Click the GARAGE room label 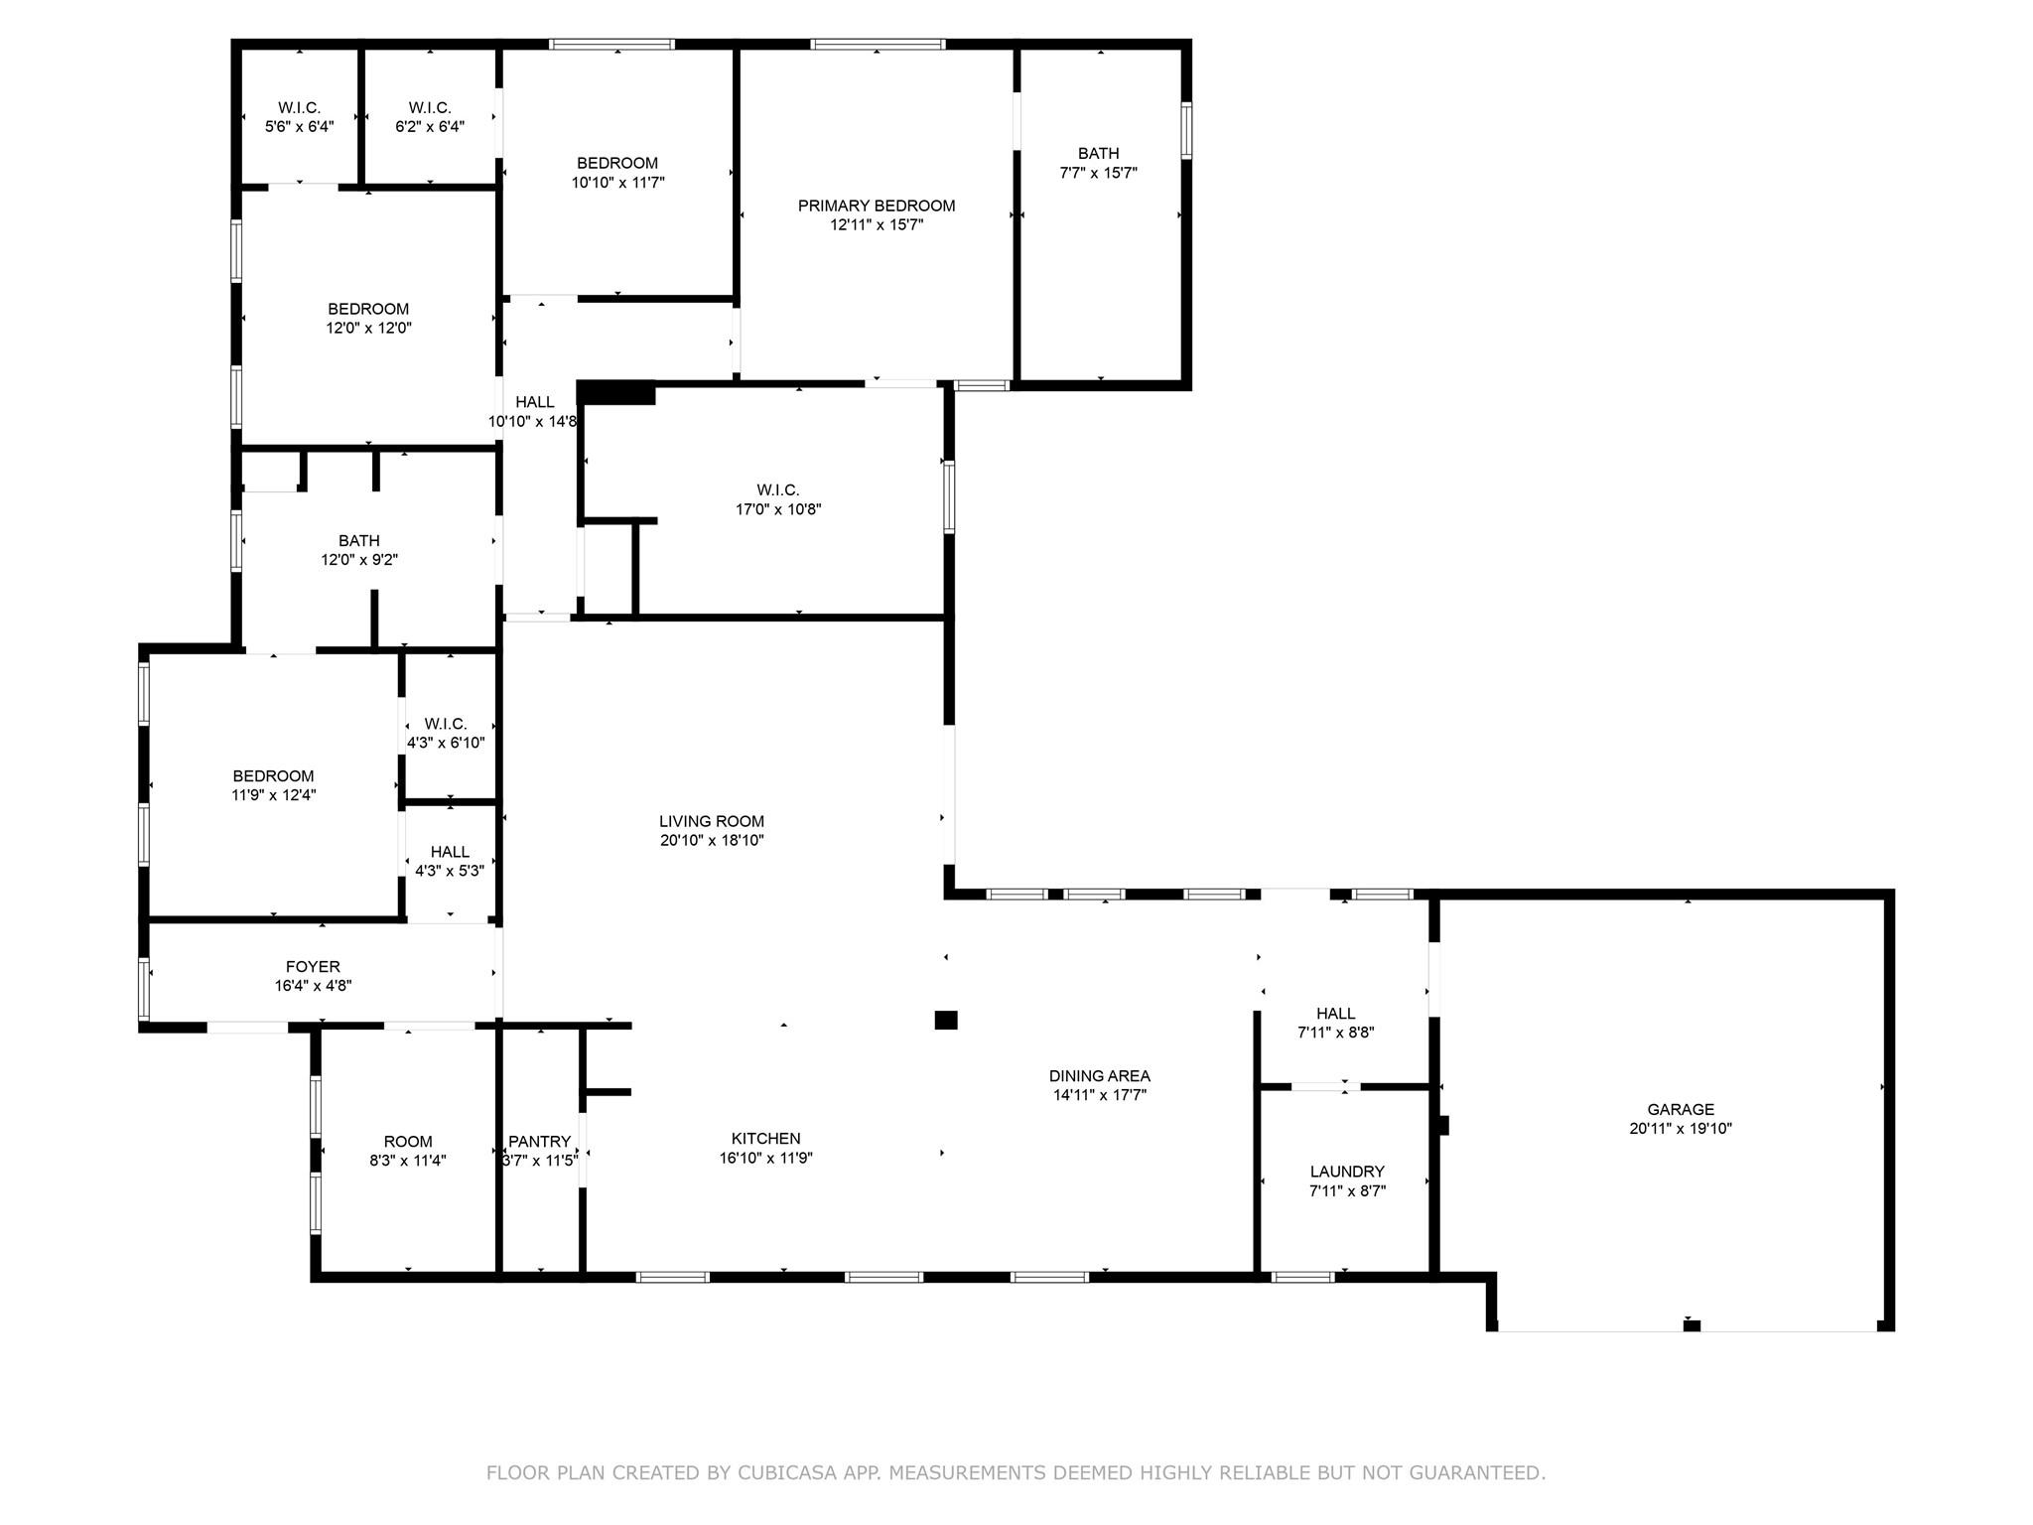pyautogui.click(x=1680, y=1109)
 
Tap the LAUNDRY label pyautogui.click(x=1346, y=1172)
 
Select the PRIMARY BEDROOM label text pyautogui.click(x=876, y=206)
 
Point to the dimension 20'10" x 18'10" pyautogui.click(x=711, y=840)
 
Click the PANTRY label pyautogui.click(x=539, y=1142)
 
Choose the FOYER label pyautogui.click(x=313, y=966)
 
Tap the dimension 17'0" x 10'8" pyautogui.click(x=777, y=509)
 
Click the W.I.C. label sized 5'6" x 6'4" pyautogui.click(x=299, y=107)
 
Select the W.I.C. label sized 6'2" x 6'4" pyautogui.click(x=429, y=107)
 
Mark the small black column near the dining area pyautogui.click(x=945, y=1020)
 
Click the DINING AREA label pyautogui.click(x=1099, y=1075)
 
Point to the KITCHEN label pyautogui.click(x=765, y=1139)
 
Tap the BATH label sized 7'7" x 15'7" pyautogui.click(x=1098, y=153)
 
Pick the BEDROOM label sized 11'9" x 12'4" pyautogui.click(x=273, y=775)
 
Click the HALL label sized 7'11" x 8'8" pyautogui.click(x=1335, y=1013)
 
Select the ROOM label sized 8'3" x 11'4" pyautogui.click(x=408, y=1142)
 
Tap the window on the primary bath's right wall pyautogui.click(x=1185, y=130)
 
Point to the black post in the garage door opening pyautogui.click(x=1692, y=1324)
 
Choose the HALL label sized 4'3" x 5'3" pyautogui.click(x=450, y=852)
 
